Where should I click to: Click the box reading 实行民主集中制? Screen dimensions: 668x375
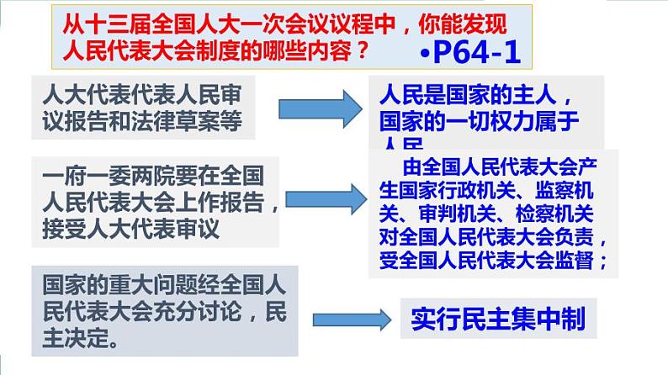pos(498,318)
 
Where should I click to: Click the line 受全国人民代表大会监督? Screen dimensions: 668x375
pos(490,260)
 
